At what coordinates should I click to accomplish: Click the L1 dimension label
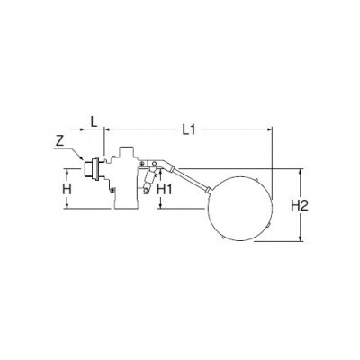point(189,130)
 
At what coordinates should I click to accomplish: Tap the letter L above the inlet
point(94,122)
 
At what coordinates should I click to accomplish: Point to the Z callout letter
point(60,141)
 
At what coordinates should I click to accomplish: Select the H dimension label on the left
point(67,189)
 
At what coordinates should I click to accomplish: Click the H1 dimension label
point(165,189)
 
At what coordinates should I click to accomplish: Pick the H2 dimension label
point(300,206)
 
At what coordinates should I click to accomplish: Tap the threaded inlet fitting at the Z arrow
point(91,169)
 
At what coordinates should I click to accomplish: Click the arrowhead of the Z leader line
point(82,157)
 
